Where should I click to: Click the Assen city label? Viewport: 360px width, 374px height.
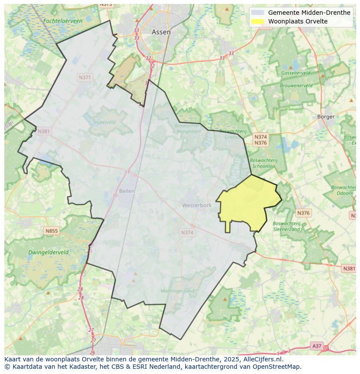pos(161,32)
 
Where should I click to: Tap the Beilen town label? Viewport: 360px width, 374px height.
pos(127,191)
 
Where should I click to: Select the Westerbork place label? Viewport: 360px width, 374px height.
pos(197,205)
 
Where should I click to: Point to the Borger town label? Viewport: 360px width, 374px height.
pos(326,116)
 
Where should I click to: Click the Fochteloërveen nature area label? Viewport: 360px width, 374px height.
pos(63,21)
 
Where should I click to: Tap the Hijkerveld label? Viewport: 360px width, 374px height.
pos(105,122)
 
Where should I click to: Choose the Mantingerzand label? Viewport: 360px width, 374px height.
pos(177,291)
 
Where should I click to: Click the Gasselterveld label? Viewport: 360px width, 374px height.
pos(295,73)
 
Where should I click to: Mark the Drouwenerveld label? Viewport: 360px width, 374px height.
pos(296,86)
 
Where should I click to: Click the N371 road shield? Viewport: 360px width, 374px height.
pos(85,77)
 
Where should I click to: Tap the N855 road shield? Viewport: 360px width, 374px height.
pos(51,231)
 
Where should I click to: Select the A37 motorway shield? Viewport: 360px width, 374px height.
pos(317,346)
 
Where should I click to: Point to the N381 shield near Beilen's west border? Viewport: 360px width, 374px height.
pos(43,131)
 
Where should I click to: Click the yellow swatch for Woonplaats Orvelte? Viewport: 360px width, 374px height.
pos(258,21)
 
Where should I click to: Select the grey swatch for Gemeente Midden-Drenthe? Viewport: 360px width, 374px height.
pos(258,13)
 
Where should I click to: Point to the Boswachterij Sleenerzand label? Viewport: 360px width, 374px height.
pos(286,226)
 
